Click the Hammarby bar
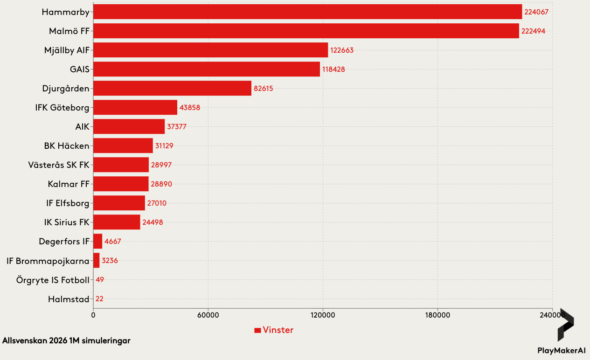coord(307,12)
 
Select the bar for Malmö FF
coord(306,31)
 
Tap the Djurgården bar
coord(172,88)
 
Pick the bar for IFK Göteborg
coord(135,107)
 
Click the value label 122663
coord(342,50)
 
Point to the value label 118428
coord(333,69)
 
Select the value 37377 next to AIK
coord(177,127)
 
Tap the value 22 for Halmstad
coord(99,299)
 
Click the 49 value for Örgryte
coord(100,280)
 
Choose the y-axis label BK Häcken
coord(67,146)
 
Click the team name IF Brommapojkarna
coord(48,261)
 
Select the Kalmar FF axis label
coord(68,184)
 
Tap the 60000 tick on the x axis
coord(208,316)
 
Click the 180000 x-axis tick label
coord(438,316)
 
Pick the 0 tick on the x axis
coord(93,316)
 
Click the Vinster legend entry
coord(274,330)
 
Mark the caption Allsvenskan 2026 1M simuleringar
coord(66,341)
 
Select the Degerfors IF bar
coord(97,242)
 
